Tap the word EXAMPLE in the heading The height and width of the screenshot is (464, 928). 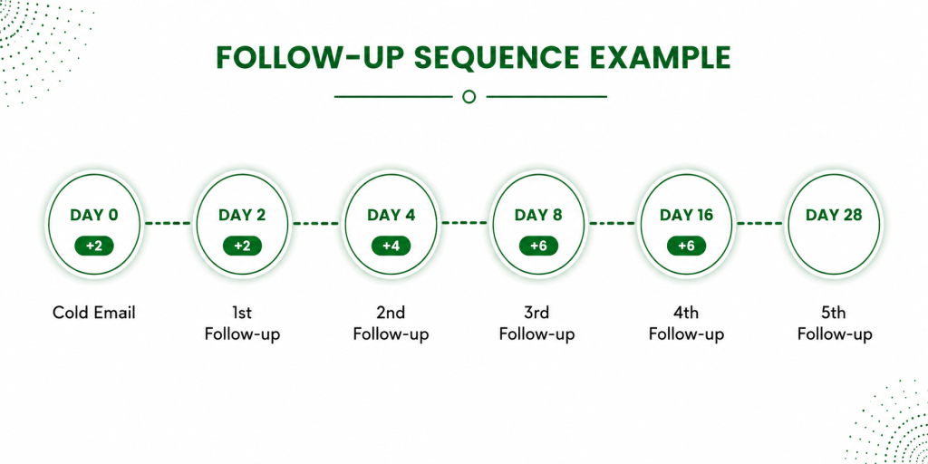pyautogui.click(x=646, y=58)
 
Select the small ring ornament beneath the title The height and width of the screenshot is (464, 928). pyautogui.click(x=469, y=96)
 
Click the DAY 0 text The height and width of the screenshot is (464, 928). pyautogui.click(x=94, y=215)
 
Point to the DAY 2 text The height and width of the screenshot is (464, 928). pyautogui.click(x=242, y=215)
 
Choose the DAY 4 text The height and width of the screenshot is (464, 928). pyautogui.click(x=391, y=215)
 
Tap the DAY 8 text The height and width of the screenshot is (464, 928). pyautogui.click(x=538, y=215)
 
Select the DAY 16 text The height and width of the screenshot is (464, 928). pyautogui.click(x=687, y=215)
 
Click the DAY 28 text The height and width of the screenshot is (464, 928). pyautogui.click(x=834, y=215)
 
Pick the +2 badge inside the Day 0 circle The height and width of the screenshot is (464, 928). pyautogui.click(x=94, y=246)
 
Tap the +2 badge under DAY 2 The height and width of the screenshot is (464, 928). pyautogui.click(x=242, y=246)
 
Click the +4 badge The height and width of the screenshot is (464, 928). pyautogui.click(x=391, y=246)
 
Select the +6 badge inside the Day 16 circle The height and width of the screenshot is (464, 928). pyautogui.click(x=687, y=246)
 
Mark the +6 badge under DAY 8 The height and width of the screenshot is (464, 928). pyautogui.click(x=538, y=246)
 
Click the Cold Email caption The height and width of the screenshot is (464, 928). pyautogui.click(x=94, y=312)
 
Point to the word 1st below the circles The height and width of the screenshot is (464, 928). pyautogui.click(x=242, y=312)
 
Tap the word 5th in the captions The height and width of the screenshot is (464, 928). pyautogui.click(x=835, y=312)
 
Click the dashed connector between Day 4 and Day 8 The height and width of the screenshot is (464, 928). pyautogui.click(x=465, y=223)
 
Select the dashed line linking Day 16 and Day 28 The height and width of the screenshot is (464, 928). pyautogui.click(x=759, y=223)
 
